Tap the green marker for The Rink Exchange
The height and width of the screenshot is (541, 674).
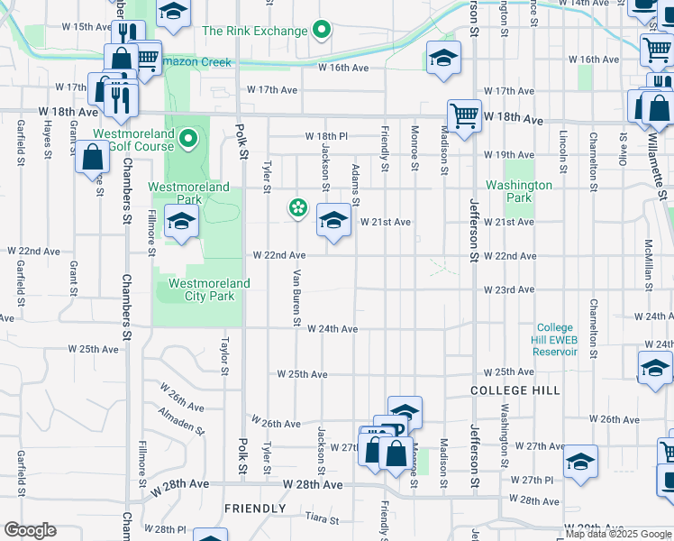pos(322,32)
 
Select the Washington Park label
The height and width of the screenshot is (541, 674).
pos(519,191)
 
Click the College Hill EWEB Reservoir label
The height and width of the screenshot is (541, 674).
pos(556,340)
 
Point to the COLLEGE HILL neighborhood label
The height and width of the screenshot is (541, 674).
pos(515,390)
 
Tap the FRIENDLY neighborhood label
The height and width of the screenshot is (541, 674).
pos(255,509)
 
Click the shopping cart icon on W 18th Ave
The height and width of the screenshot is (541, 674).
pos(464,115)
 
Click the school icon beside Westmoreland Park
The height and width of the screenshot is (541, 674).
pos(181,221)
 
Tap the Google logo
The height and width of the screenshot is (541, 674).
pos(30,530)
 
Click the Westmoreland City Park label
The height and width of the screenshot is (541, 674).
pos(208,289)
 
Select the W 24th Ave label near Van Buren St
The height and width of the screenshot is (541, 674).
pos(332,329)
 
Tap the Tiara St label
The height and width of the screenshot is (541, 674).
pos(322,519)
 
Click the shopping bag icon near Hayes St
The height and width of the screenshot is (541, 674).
pos(94,157)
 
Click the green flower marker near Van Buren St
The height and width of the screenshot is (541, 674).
pos(297,208)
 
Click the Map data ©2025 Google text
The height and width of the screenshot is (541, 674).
pos(619,534)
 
